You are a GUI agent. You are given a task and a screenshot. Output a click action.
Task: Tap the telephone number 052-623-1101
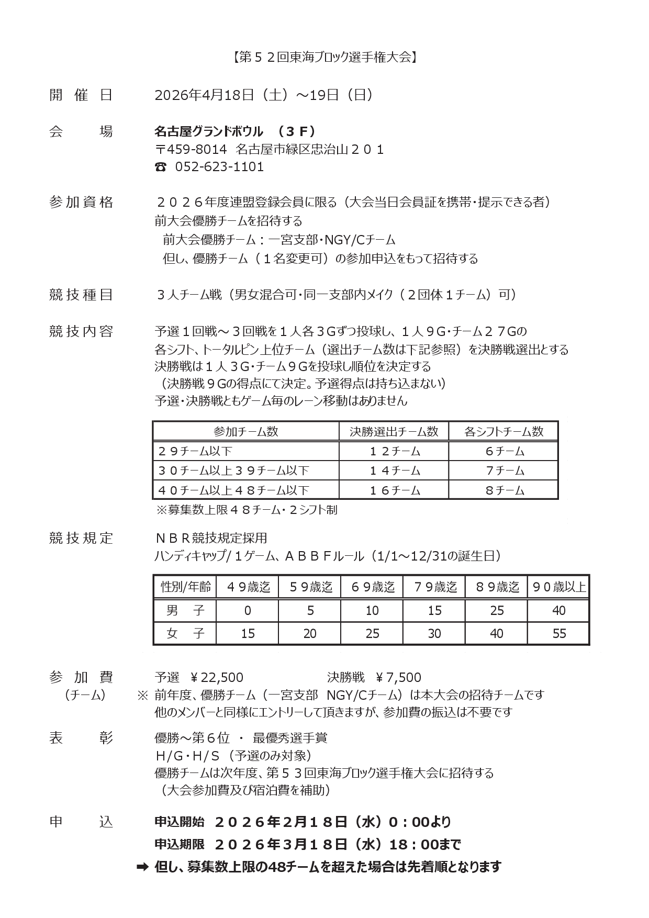tap(219, 167)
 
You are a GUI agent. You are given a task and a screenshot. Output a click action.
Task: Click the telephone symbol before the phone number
tap(161, 167)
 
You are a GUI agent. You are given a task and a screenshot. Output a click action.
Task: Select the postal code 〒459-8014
tap(191, 150)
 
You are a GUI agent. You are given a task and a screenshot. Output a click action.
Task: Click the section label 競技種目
tap(81, 295)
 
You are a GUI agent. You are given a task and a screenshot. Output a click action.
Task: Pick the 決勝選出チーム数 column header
tap(394, 431)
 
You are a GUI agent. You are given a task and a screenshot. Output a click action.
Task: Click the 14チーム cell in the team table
tap(394, 471)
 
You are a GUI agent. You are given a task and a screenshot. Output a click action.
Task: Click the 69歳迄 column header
tap(372, 587)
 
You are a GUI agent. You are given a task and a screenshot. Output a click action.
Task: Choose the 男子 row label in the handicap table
tap(185, 610)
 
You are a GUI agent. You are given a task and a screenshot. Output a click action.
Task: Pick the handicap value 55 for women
tap(558, 634)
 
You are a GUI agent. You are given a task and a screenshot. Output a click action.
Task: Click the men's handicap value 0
tap(248, 610)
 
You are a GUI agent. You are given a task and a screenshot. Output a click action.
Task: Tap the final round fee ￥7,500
tap(398, 677)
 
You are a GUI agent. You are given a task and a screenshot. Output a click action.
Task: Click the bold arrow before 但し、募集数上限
tap(142, 867)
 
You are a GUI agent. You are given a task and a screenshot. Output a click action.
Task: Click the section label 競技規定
tap(81, 538)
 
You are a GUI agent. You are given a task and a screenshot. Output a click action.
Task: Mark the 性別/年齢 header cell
tap(185, 587)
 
